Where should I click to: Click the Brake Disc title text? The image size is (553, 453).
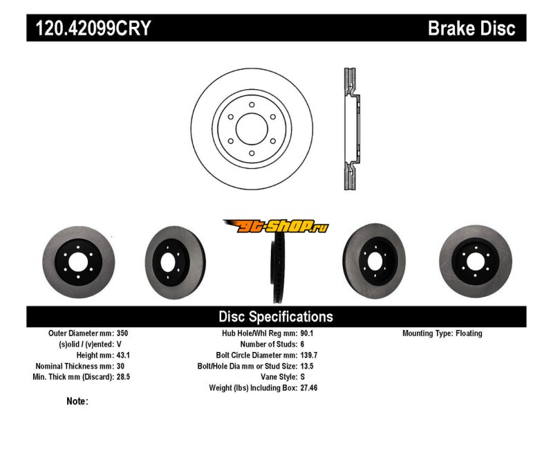471,28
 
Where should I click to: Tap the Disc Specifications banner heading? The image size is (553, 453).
276,317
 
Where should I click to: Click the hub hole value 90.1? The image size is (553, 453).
307,333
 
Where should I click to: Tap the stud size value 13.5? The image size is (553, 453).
307,366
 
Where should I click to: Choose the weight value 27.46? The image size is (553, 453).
309,388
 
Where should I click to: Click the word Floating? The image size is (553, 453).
469,333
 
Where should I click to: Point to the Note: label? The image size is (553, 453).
77,401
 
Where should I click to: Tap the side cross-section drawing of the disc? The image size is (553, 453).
350,129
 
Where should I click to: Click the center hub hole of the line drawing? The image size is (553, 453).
252,129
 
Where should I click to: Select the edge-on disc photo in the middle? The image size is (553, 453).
276,266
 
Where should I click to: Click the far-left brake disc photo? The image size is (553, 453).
73,261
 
